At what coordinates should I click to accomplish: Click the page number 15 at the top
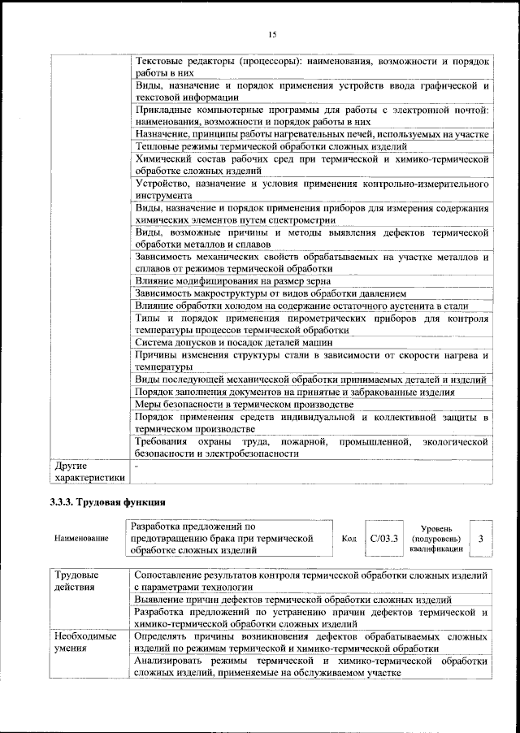pyautogui.click(x=271, y=34)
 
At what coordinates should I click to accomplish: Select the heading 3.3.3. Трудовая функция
pyautogui.click(x=108, y=501)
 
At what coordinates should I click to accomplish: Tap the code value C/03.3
pyautogui.click(x=383, y=538)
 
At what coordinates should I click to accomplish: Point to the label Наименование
pyautogui.click(x=80, y=538)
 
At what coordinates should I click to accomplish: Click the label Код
pyautogui.click(x=349, y=538)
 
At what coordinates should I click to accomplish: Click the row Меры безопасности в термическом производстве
pyautogui.click(x=244, y=404)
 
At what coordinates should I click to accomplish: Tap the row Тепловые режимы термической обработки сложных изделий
pyautogui.click(x=271, y=146)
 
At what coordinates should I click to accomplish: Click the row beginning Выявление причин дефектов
pyautogui.click(x=293, y=600)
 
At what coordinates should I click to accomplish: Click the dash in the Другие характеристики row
pyautogui.click(x=136, y=466)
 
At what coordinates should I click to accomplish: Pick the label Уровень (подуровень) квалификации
pyautogui.click(x=437, y=538)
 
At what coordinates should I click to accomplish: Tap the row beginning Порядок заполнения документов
pyautogui.click(x=295, y=392)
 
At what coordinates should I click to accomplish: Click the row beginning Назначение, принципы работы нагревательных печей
pyautogui.click(x=311, y=133)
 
